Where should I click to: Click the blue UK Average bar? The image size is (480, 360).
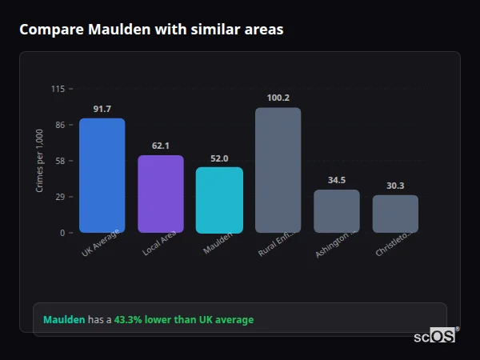tap(102, 176)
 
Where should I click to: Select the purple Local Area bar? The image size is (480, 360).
tap(160, 194)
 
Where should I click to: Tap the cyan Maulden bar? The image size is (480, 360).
tap(219, 200)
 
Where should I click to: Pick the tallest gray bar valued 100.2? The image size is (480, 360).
tap(278, 170)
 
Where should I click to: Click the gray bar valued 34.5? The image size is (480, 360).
tap(336, 211)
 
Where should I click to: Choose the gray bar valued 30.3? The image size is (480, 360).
tap(395, 214)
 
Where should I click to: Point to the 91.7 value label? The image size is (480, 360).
tap(102, 109)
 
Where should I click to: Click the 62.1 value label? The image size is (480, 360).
tap(160, 146)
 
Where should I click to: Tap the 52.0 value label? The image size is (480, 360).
tap(219, 158)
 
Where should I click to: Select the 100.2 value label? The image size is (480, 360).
tap(278, 98)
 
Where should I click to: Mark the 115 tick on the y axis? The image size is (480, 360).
tap(58, 89)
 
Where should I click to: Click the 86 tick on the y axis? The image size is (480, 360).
tap(59, 125)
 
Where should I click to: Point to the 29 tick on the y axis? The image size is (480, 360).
tap(59, 197)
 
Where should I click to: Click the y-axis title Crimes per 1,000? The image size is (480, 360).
tap(39, 160)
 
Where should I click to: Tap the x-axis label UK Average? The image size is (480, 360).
tap(101, 243)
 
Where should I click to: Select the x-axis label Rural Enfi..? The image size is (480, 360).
tap(277, 243)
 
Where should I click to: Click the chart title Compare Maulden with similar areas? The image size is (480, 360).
tap(151, 30)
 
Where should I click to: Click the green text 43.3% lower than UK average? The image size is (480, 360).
tap(184, 320)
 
